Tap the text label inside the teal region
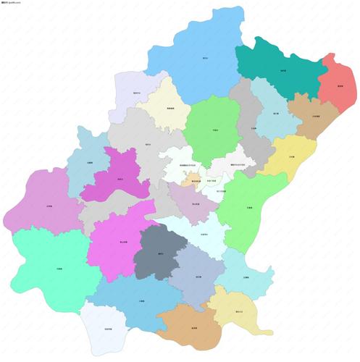[282, 70]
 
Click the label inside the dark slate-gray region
[160, 254]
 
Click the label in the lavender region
[137, 93]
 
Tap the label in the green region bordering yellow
[248, 208]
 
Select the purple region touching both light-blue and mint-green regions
[43, 206]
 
